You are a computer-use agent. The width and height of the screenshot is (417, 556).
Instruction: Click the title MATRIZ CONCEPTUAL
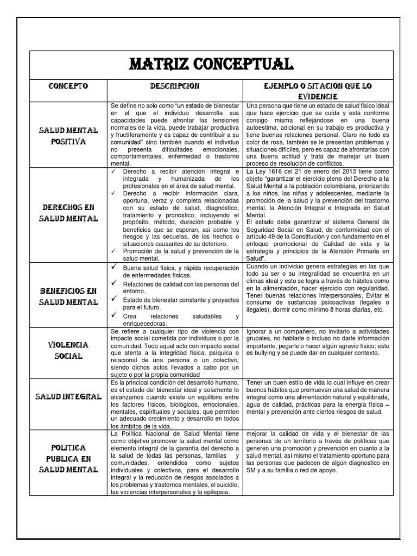tap(211, 64)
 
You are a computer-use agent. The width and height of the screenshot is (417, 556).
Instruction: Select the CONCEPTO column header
tap(68, 86)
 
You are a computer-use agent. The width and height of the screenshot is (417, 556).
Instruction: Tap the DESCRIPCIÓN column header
tap(175, 86)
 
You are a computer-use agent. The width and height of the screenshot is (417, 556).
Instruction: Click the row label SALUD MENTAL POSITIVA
tap(68, 135)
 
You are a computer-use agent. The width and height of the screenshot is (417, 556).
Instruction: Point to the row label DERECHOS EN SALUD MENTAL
tap(68, 213)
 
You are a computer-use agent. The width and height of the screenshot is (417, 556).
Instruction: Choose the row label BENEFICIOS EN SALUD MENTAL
tap(68, 296)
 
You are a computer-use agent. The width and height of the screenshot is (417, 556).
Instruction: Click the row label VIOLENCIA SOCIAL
tap(68, 351)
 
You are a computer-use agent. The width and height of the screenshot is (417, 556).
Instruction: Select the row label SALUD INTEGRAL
tap(68, 397)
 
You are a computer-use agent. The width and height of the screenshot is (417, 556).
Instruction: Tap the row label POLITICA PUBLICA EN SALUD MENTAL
tap(68, 459)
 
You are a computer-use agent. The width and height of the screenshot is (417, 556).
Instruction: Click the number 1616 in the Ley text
tap(276, 172)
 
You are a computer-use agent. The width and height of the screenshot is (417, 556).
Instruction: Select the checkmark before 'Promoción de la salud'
tap(113, 251)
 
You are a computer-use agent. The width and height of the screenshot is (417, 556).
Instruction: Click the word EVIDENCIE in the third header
tap(317, 96)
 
